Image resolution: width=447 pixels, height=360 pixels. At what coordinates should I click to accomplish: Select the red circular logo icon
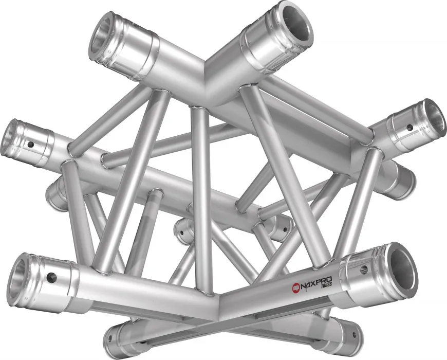pos(296,287)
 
